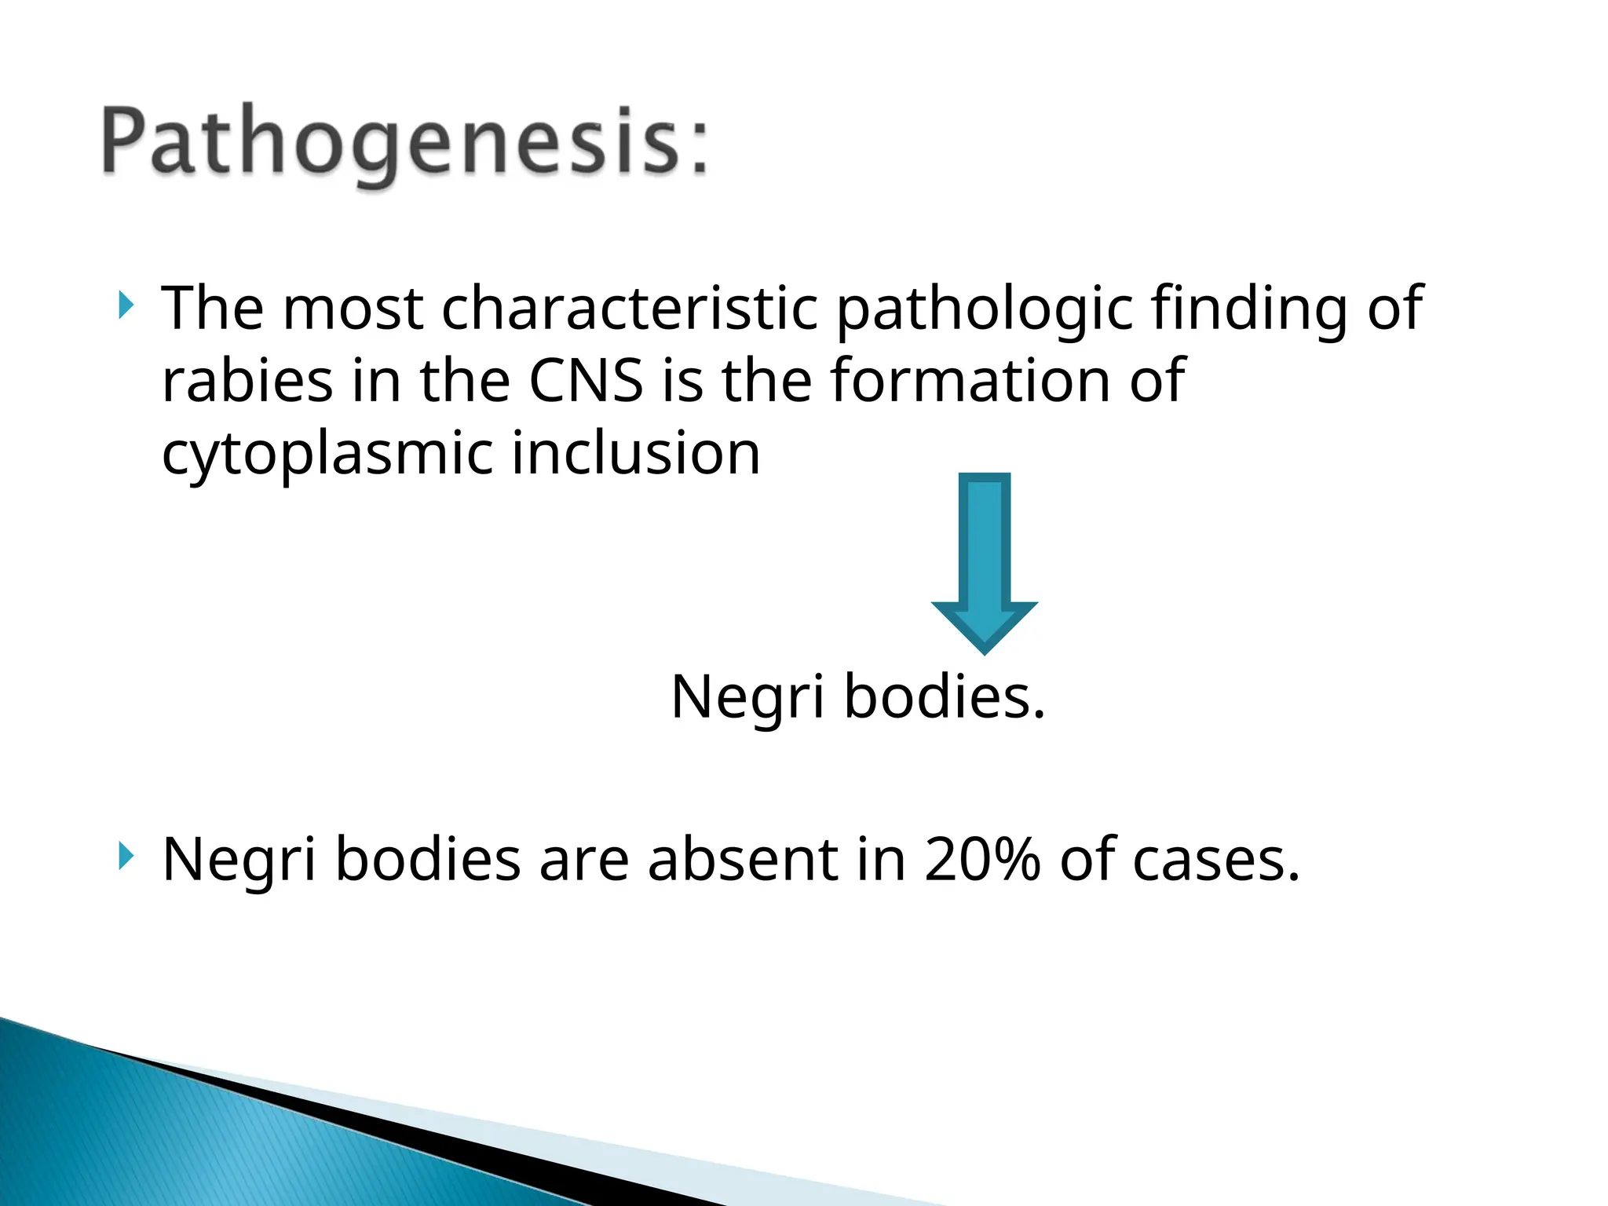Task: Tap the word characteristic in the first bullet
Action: click(630, 308)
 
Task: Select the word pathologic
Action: click(985, 308)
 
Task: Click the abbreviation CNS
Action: click(586, 380)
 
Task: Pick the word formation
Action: click(970, 380)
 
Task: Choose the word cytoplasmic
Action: click(327, 454)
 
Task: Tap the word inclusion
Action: click(636, 454)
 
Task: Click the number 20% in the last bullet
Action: click(982, 859)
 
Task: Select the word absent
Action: click(743, 859)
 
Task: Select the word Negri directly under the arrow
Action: click(747, 697)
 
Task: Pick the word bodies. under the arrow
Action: click(945, 697)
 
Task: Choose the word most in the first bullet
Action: click(353, 308)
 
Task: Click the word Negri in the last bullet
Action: click(239, 859)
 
